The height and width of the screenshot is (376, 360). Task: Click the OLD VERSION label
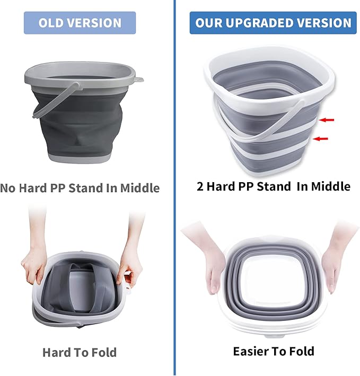[x=80, y=23]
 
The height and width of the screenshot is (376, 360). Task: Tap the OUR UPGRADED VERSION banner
[x=273, y=23]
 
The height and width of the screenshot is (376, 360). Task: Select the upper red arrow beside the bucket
[x=327, y=120]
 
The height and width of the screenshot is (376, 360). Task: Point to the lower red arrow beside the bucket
[x=320, y=139]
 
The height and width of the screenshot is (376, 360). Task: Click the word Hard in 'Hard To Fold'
[x=57, y=352]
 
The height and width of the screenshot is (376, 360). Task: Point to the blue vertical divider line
[x=174, y=212]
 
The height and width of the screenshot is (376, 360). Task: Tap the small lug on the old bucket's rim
[x=139, y=80]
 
